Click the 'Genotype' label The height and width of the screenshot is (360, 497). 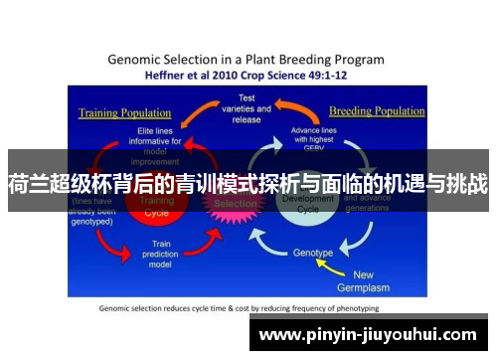(313, 253)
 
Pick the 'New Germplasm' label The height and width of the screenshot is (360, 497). (377, 280)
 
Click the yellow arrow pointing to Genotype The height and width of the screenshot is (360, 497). (349, 261)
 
